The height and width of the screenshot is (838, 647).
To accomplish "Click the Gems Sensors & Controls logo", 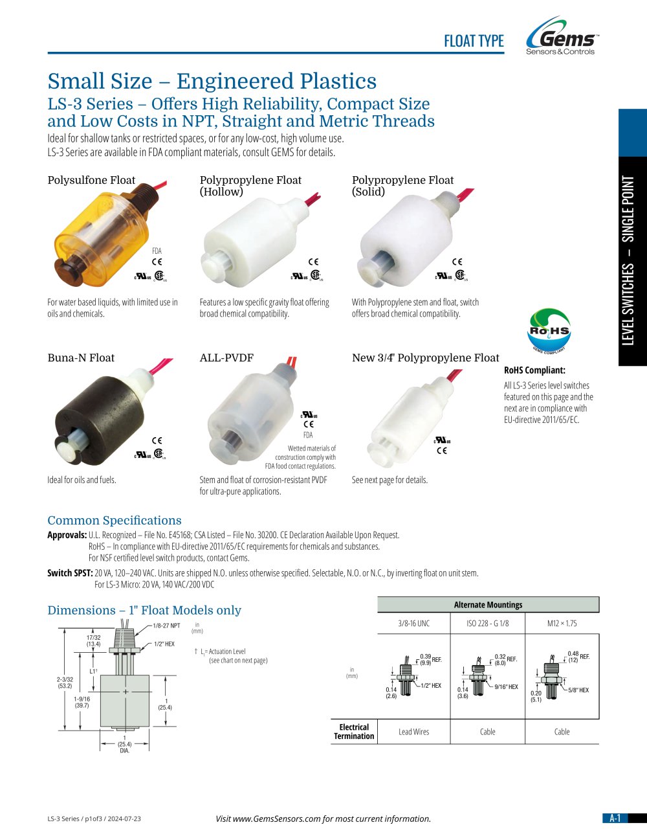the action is pos(562,36).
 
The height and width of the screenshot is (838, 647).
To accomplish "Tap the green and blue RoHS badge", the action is pos(549,330).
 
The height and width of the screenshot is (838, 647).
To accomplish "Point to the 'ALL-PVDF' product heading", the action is pos(226,358).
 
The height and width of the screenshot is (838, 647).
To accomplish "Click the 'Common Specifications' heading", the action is pos(115,520).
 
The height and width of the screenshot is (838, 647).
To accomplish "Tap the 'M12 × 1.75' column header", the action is pos(562,623).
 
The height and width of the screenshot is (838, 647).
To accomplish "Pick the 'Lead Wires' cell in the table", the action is pos(413,732).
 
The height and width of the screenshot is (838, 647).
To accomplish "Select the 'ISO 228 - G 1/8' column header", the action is pos(488,623).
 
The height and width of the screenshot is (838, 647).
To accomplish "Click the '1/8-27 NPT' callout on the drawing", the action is pos(166,626).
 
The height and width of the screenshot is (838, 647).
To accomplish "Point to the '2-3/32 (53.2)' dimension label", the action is pos(65,683).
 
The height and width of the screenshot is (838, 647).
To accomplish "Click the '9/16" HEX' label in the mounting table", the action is pos(506,687).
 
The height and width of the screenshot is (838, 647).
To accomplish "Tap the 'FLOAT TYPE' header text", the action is pos(474,41).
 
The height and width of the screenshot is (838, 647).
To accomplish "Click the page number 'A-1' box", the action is pos(615,818).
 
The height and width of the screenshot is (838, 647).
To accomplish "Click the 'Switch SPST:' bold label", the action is pos(70,573).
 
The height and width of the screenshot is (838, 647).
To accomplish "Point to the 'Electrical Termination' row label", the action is pos(354,732).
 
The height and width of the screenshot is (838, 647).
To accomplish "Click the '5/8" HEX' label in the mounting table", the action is pos(578,690).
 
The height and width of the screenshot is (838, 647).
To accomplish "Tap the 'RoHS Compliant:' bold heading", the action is pos(534,370).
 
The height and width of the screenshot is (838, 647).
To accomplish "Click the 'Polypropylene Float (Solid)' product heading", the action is pos(402,186).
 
